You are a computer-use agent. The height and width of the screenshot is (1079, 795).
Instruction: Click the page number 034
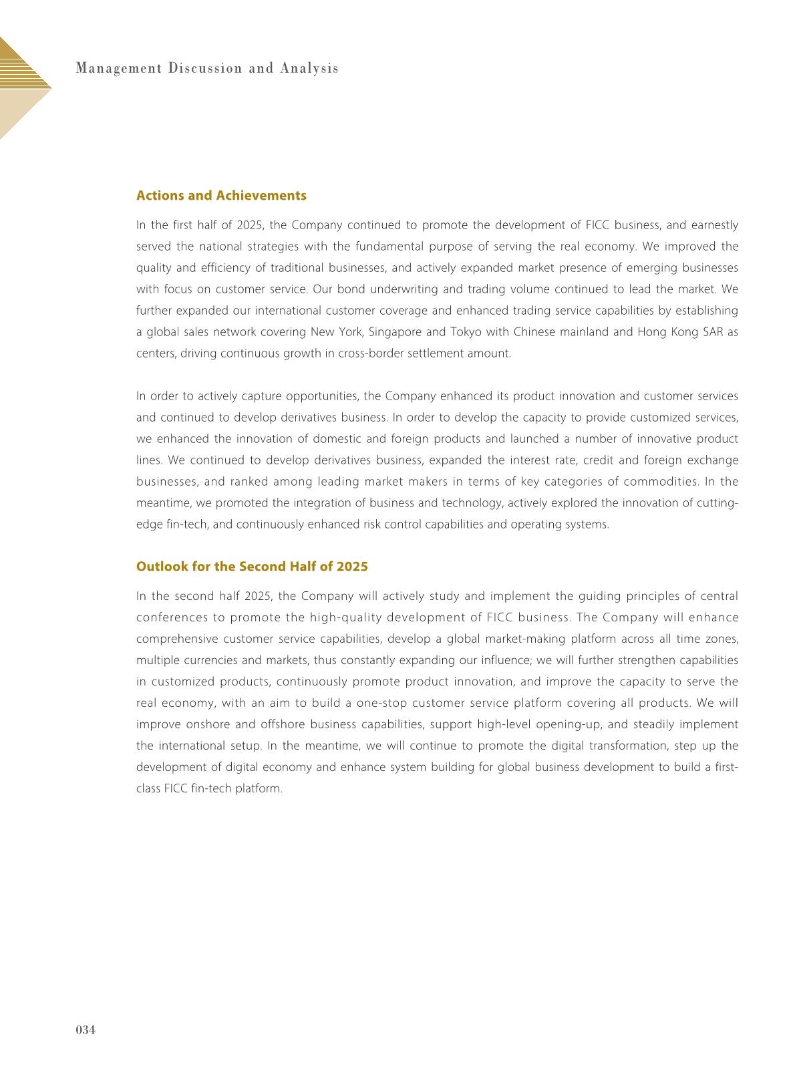(x=86, y=1030)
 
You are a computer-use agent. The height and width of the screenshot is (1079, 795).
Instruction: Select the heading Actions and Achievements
(x=221, y=196)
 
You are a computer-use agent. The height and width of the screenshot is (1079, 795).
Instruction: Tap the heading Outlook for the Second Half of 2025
(x=252, y=567)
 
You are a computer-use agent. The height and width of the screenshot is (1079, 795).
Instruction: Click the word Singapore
(x=395, y=332)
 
